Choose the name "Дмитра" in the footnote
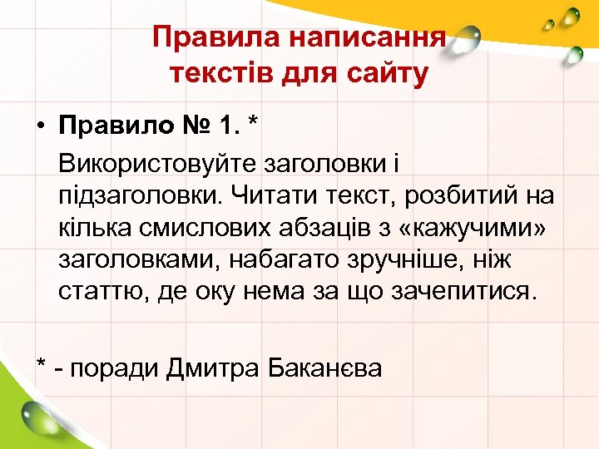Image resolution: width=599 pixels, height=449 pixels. click(215, 368)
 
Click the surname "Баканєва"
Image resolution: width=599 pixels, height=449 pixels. click(327, 368)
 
